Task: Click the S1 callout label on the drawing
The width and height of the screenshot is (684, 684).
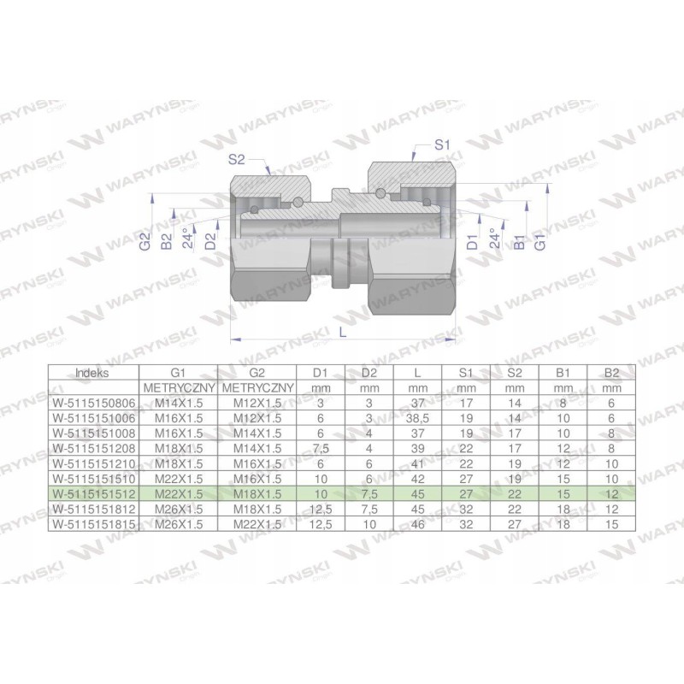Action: tap(441, 146)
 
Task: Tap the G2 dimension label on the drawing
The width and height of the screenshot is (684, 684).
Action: tap(145, 243)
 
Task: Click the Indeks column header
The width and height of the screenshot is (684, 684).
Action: tap(92, 374)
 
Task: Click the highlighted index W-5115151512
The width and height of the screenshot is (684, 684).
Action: tap(92, 494)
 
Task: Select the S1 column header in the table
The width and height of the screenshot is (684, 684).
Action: tap(466, 374)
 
